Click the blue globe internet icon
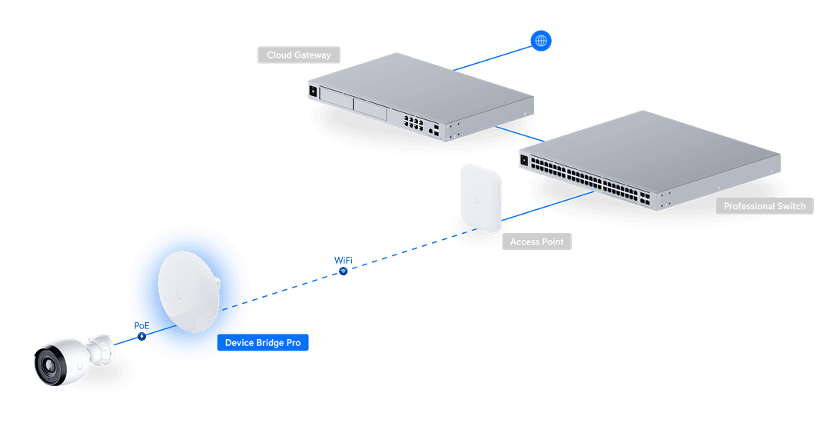[x=541, y=41]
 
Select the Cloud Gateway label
[x=298, y=55]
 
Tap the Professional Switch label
[x=764, y=206]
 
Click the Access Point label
[x=536, y=241]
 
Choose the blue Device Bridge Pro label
[x=262, y=343]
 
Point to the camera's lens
[x=48, y=364]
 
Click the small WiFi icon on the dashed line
[x=343, y=270]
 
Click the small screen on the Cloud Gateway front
[x=314, y=91]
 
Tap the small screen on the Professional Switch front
[x=526, y=161]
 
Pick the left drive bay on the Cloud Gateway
[x=337, y=99]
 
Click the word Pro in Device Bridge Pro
[x=293, y=343]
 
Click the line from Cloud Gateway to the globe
[x=492, y=56]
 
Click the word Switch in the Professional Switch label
[x=791, y=206]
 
